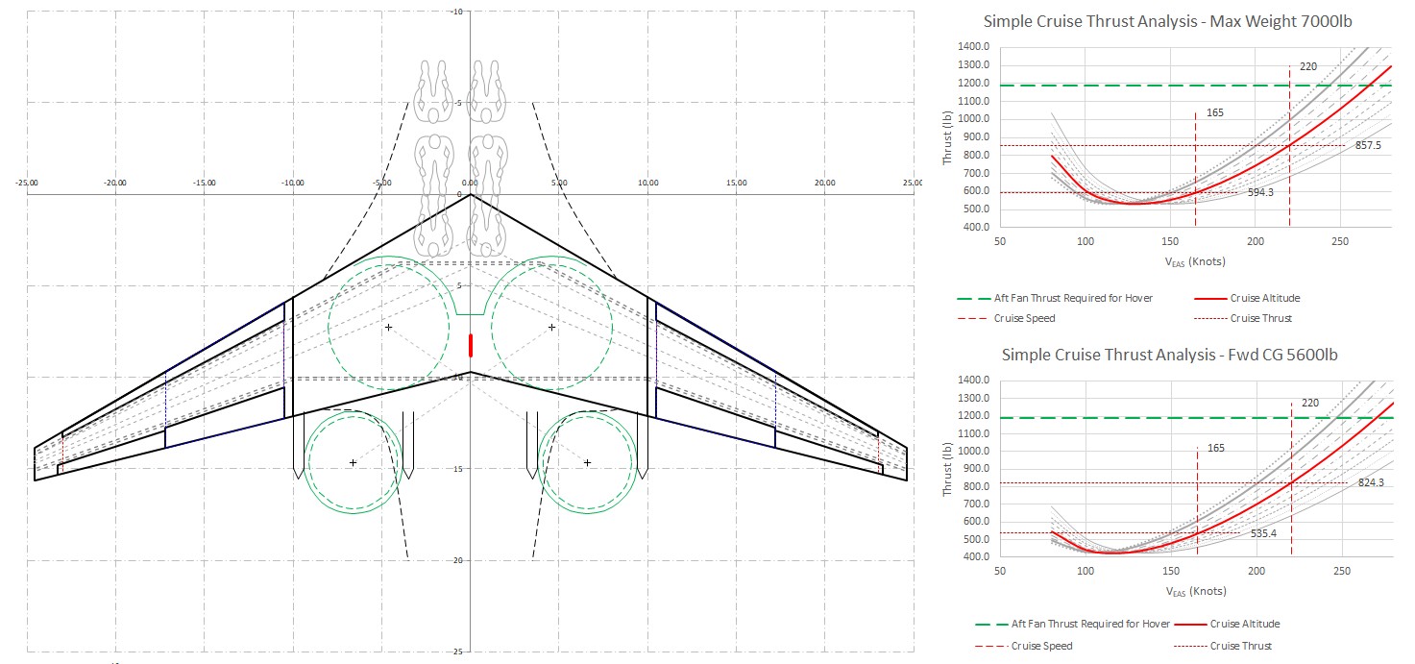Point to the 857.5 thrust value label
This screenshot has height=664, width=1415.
pyautogui.click(x=1369, y=146)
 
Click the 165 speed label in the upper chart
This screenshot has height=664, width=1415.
pyautogui.click(x=1215, y=113)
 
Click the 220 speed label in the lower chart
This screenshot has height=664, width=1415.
pyautogui.click(x=1308, y=403)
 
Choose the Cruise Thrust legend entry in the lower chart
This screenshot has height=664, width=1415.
pyautogui.click(x=1240, y=646)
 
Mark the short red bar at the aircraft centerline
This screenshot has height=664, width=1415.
pyautogui.click(x=471, y=345)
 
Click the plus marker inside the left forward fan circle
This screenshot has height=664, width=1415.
pyautogui.click(x=388, y=328)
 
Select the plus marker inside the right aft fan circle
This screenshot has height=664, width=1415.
pyautogui.click(x=587, y=463)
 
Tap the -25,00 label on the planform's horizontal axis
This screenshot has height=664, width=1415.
pyautogui.click(x=27, y=183)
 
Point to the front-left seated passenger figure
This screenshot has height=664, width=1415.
pyautogui.click(x=433, y=92)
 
